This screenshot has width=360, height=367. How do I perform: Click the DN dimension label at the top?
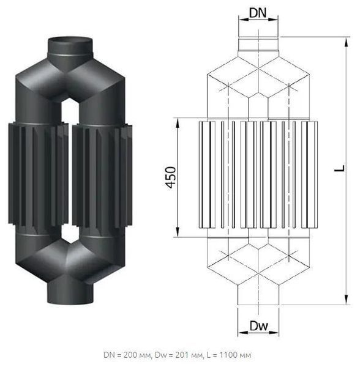[x=258, y=13]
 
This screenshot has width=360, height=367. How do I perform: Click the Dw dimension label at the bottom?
[x=258, y=326]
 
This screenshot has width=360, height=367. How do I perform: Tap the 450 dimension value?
[x=171, y=177]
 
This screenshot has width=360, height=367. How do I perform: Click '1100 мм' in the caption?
[x=235, y=355]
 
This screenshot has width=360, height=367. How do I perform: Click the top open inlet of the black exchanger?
[x=70, y=40]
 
